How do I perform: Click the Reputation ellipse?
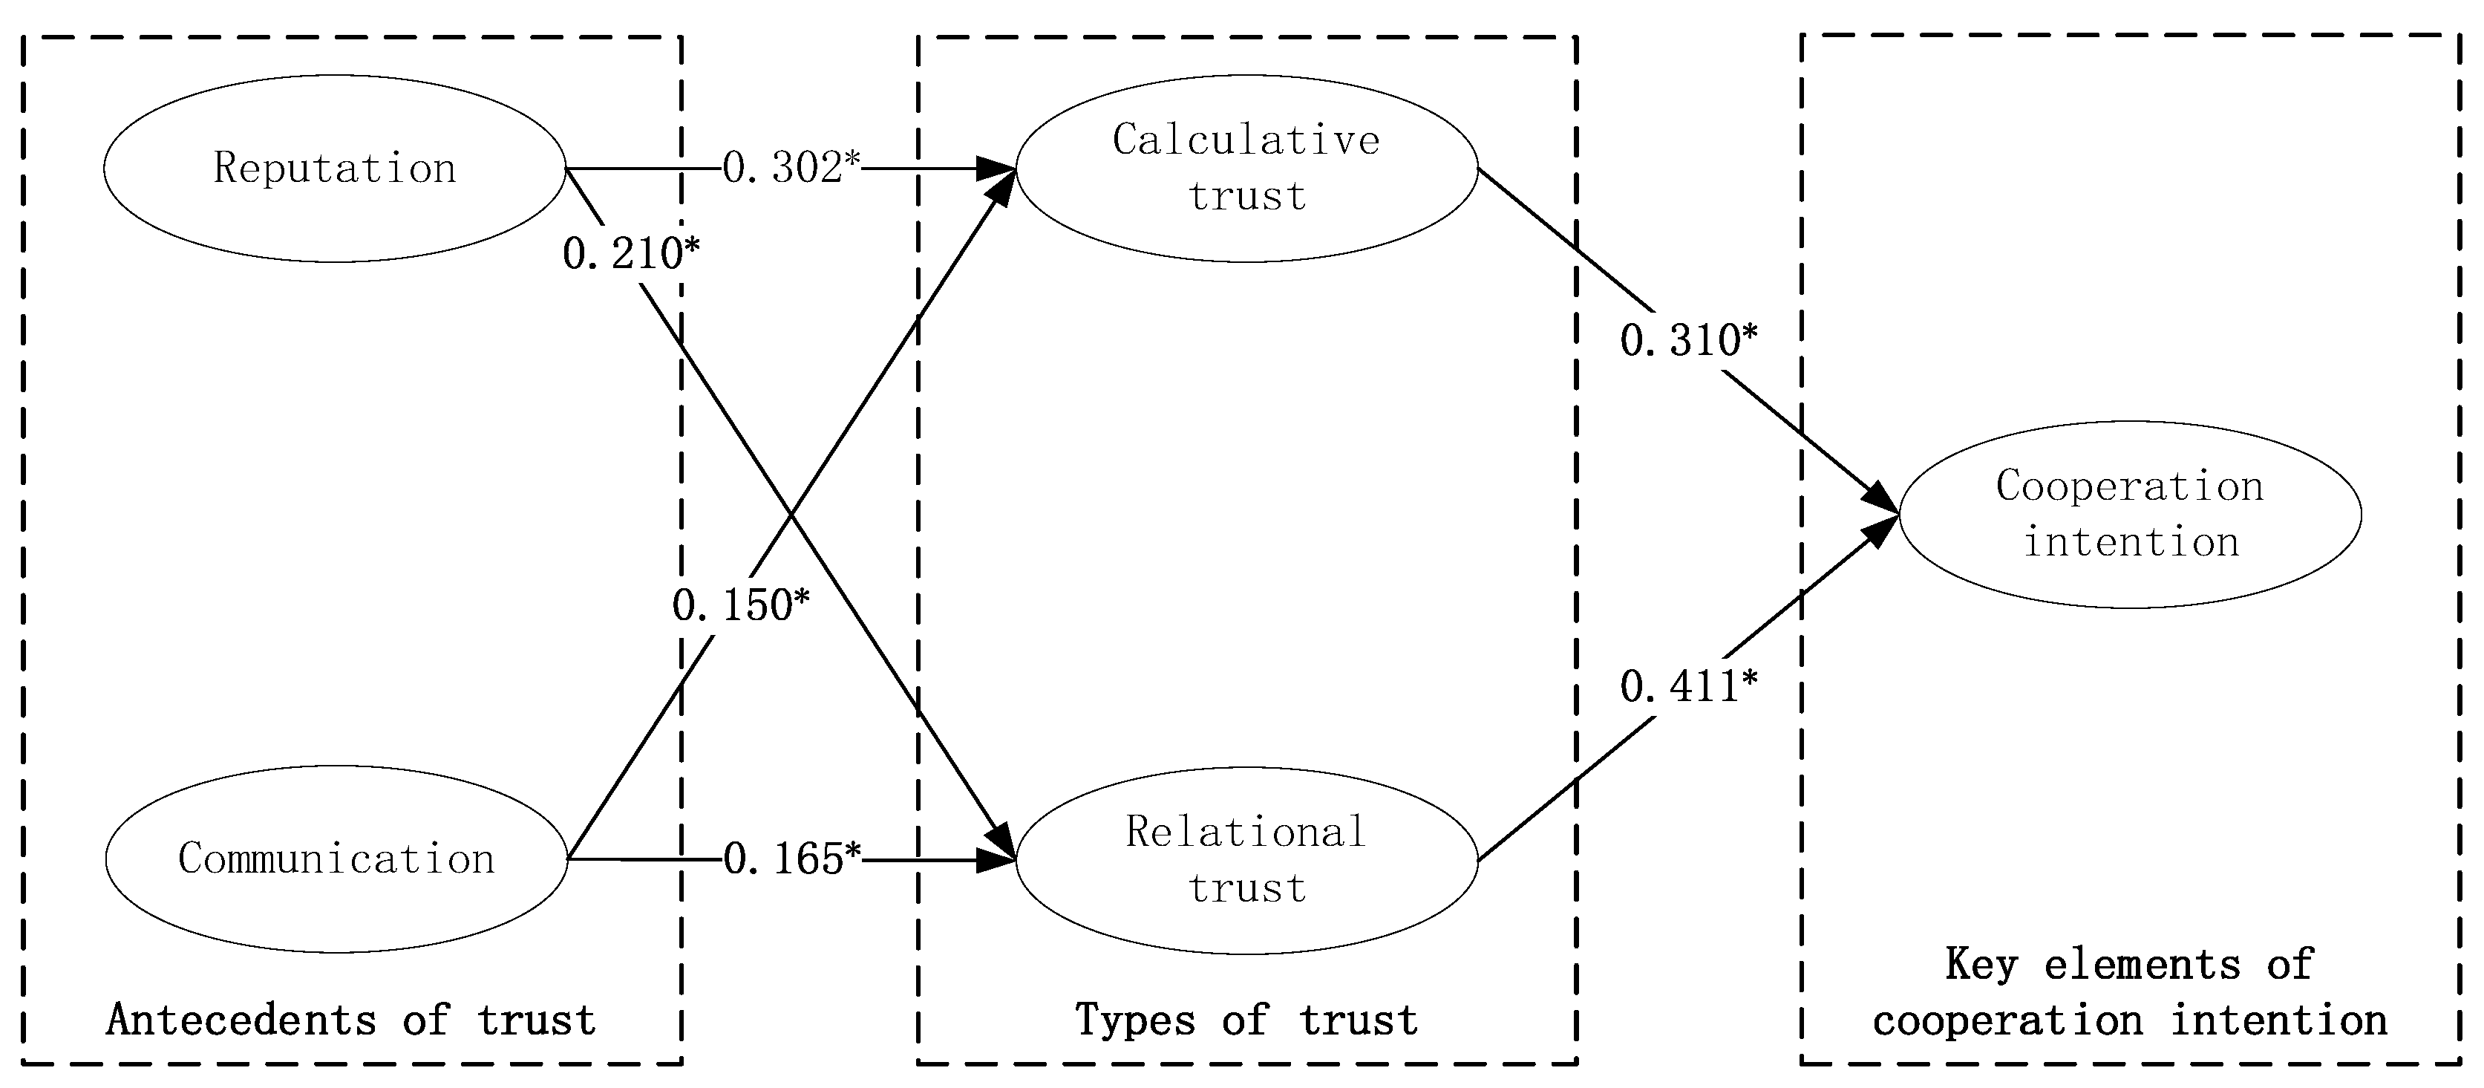[335, 169]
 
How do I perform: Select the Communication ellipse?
[336, 859]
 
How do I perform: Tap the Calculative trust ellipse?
[1246, 169]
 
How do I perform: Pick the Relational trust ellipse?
[1246, 860]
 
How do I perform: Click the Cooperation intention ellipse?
[2130, 514]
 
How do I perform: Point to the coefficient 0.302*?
[791, 168]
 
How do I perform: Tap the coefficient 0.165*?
[791, 859]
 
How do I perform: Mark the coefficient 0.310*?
[1688, 340]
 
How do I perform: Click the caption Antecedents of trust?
[351, 1020]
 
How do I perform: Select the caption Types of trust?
[1246, 1020]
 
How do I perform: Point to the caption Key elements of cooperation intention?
[2130, 992]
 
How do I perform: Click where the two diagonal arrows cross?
[791, 514]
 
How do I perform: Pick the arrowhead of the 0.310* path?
[1881, 498]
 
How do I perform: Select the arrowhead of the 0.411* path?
[1881, 530]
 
